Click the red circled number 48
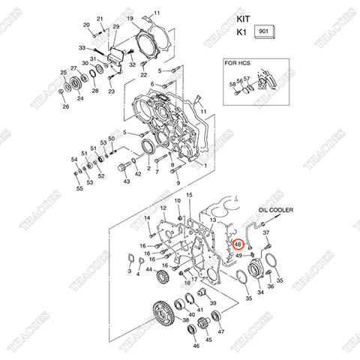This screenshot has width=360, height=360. tap(238, 244)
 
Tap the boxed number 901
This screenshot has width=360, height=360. tap(265, 32)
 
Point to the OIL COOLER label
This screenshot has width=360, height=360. tap(277, 211)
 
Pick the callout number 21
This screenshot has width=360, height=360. tap(100, 18)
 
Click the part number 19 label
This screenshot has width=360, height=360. tap(130, 18)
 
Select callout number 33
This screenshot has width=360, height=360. tap(82, 48)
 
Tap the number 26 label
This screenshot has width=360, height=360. tap(65, 106)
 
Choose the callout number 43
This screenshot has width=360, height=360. tap(126, 181)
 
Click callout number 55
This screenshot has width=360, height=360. tap(79, 189)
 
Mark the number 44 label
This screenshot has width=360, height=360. tap(149, 269)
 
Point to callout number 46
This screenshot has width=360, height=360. tap(195, 346)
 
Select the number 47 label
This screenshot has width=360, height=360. tap(220, 331)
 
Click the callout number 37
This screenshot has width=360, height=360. tap(265, 233)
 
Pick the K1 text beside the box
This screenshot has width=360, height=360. tap(241, 33)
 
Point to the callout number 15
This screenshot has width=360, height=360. tap(190, 195)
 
